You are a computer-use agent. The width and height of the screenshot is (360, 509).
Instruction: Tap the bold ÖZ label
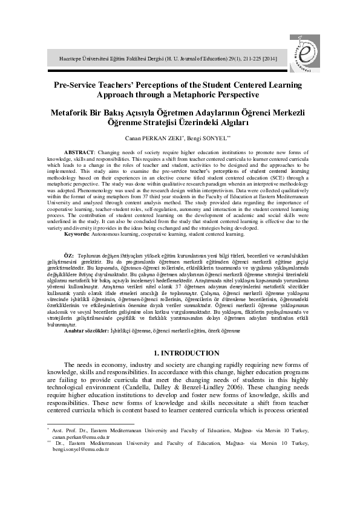click(69, 257)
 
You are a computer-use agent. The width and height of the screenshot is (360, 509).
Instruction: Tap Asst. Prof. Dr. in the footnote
click(67, 428)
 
